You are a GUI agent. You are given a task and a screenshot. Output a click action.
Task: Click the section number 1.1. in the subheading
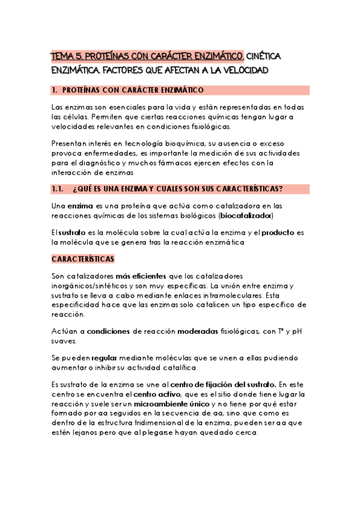click(58, 189)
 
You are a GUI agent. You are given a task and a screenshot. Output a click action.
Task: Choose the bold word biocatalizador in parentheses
click(246, 215)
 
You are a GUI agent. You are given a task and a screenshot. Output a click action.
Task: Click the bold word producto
click(278, 232)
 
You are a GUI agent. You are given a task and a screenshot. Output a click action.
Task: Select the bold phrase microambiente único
click(169, 403)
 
